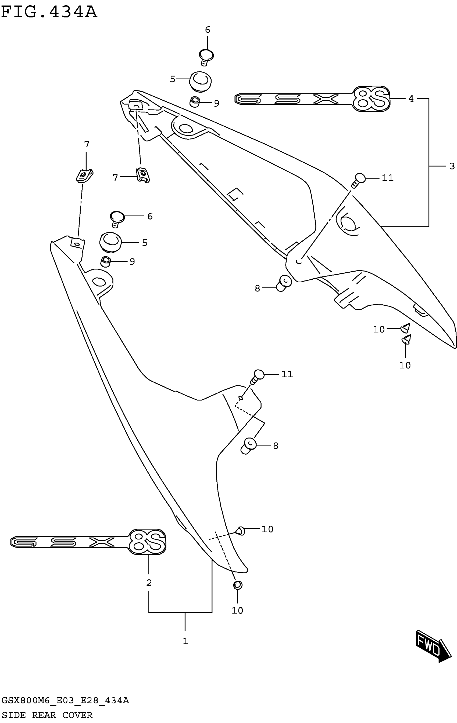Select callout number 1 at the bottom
tap(185, 641)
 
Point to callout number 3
tap(452, 166)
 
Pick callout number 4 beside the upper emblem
tap(411, 98)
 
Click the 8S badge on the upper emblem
tap(371, 99)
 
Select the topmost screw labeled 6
tap(206, 56)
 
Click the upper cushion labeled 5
tap(200, 81)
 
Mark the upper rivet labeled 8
tap(284, 283)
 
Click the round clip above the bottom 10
tap(237, 585)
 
